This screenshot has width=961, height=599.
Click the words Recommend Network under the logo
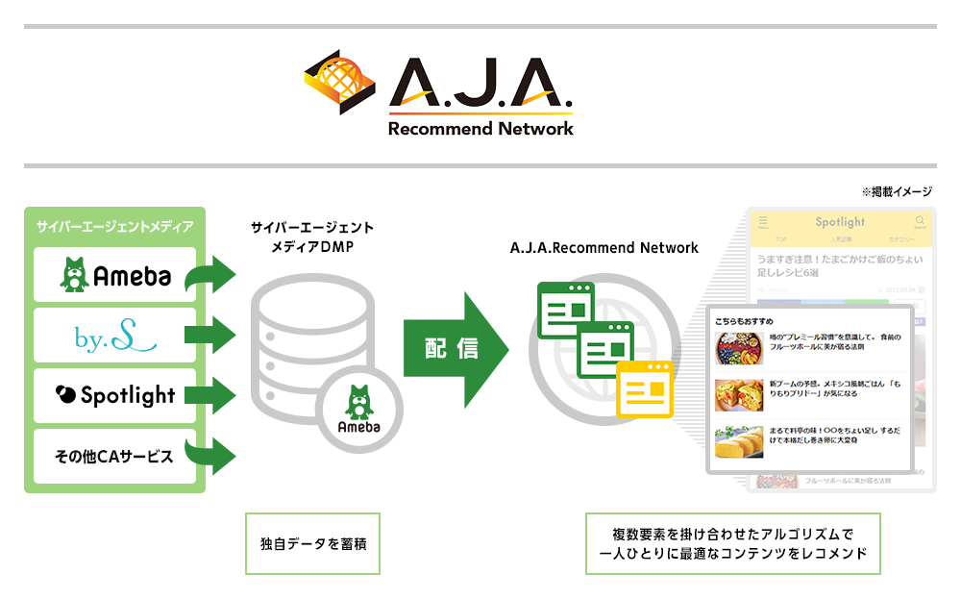(x=480, y=128)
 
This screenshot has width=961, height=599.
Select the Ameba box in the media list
(x=114, y=275)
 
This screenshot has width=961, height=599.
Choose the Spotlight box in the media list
(x=114, y=395)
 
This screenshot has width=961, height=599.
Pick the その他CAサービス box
(x=114, y=456)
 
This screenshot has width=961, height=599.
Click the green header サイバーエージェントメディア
(x=114, y=227)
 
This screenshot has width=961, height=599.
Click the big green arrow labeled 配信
(x=456, y=349)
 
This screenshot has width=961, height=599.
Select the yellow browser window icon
(x=645, y=388)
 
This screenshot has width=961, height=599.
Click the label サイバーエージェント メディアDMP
(x=312, y=237)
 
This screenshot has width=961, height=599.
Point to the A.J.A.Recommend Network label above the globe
(x=604, y=248)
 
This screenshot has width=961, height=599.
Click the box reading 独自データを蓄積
(x=312, y=543)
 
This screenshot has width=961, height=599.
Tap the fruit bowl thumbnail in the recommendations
(x=738, y=347)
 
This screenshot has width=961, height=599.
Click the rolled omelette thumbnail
(x=738, y=441)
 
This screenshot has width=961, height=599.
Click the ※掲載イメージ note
(x=897, y=192)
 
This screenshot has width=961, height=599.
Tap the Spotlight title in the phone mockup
(x=840, y=222)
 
